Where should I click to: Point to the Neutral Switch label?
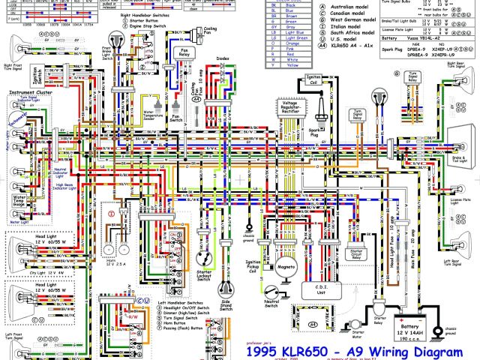point(271,304)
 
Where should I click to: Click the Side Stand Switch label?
point(224,306)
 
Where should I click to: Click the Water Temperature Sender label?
point(154,115)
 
